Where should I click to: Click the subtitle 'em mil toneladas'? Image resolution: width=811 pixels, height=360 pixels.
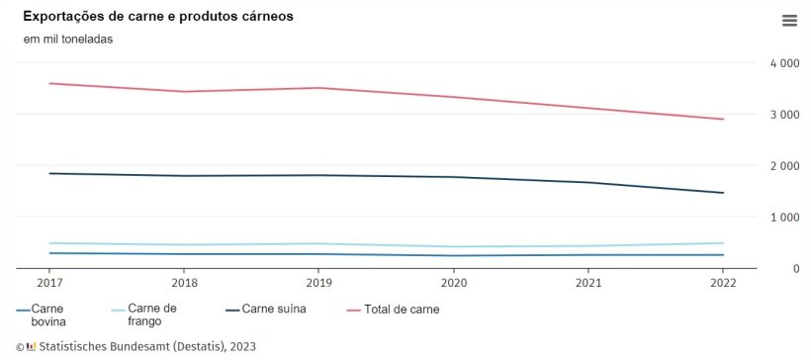[68, 40]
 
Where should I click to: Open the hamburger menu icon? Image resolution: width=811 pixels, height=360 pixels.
[788, 21]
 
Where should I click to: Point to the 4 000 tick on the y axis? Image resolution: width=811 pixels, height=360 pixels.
[784, 63]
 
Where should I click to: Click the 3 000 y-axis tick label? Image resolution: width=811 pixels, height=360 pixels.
[784, 115]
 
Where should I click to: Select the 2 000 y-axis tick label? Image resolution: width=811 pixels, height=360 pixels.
[784, 166]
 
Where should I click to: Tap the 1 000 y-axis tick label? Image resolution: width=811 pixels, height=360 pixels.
[784, 218]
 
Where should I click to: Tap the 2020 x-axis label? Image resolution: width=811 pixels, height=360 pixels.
[454, 282]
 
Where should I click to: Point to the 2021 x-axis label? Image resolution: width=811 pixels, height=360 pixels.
[588, 282]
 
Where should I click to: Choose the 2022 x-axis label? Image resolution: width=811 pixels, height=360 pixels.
[723, 282]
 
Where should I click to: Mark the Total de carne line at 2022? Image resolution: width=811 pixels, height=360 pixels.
[723, 120]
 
